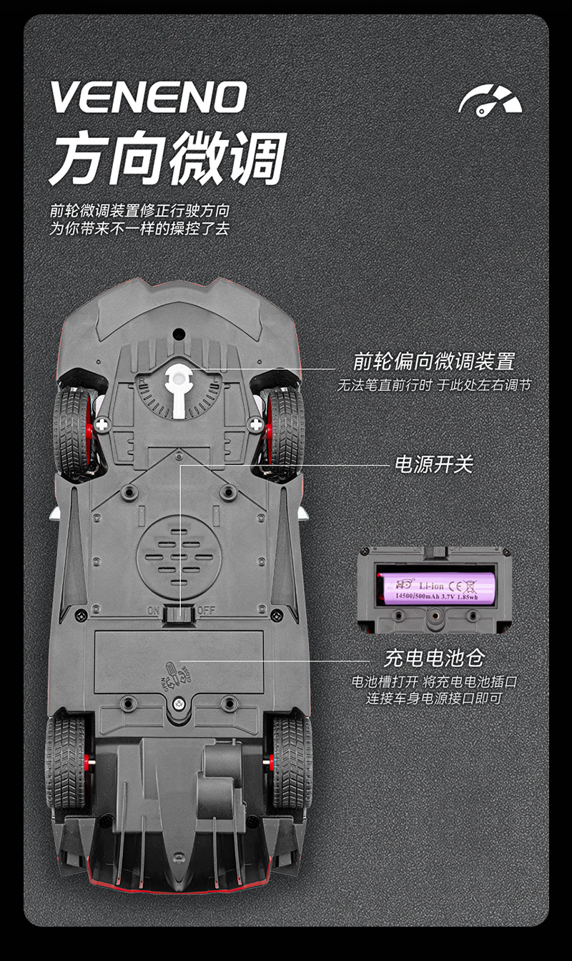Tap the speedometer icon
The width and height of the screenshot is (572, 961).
click(490, 101)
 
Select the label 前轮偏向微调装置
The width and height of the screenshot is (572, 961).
click(434, 361)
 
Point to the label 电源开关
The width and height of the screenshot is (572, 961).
click(434, 464)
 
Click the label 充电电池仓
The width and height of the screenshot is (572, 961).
click(434, 657)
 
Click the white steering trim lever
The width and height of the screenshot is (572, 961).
click(178, 390)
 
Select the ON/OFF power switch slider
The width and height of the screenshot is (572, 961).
click(178, 613)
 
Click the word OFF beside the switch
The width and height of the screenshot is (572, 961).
click(206, 611)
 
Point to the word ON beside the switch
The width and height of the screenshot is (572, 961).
click(153, 611)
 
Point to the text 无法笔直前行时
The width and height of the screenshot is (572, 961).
click(385, 385)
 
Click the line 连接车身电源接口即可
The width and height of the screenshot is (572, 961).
click(434, 698)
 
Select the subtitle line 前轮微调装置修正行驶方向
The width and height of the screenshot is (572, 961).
click(140, 211)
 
